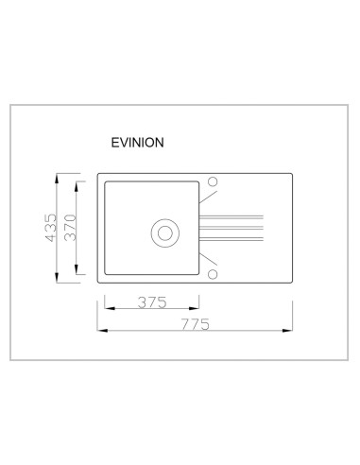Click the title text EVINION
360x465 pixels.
[137, 143]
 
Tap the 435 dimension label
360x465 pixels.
[51, 228]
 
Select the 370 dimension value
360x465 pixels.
[71, 228]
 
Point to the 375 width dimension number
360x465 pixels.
[152, 302]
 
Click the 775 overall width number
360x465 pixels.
[196, 324]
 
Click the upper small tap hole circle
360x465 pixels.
[213, 181]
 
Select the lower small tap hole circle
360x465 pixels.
[213, 274]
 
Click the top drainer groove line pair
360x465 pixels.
[231, 216]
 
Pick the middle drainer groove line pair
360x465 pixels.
[231, 228]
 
